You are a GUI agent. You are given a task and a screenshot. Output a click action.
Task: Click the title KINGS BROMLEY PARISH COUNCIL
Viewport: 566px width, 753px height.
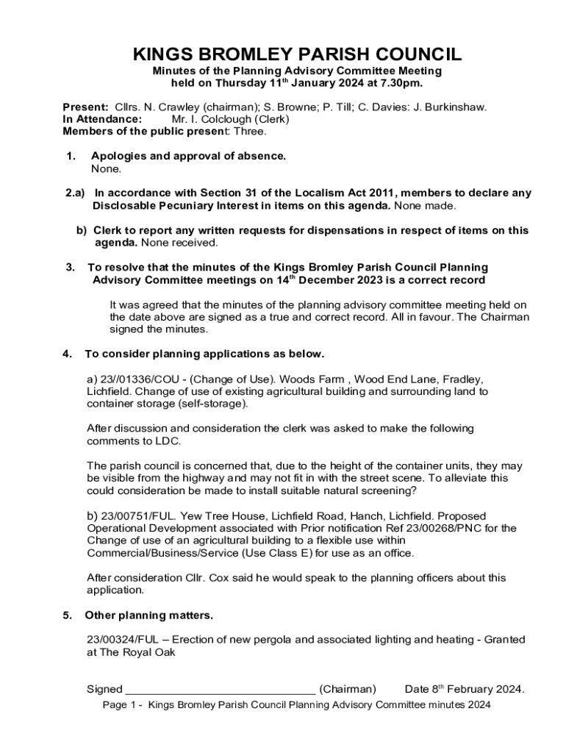click(297, 54)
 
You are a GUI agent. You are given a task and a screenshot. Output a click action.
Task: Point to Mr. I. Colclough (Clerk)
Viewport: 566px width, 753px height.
click(230, 119)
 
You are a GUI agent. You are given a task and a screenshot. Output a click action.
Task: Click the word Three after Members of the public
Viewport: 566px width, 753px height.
click(251, 132)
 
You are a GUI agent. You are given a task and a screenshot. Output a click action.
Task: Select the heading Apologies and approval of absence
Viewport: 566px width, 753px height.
click(188, 156)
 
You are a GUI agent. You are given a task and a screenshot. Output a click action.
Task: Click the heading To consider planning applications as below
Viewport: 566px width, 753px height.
click(204, 354)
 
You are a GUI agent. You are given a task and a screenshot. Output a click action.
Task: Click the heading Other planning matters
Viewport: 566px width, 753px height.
click(149, 615)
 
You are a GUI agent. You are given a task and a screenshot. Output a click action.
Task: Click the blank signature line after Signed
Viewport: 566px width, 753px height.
click(221, 690)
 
